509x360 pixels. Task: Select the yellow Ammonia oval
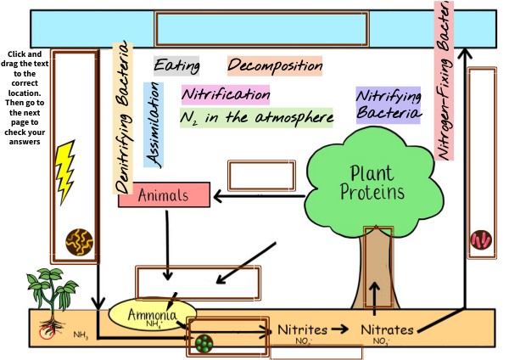point(152,316)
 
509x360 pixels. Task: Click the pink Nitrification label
point(226,93)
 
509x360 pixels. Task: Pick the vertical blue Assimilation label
point(154,123)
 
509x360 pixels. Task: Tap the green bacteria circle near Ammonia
point(204,344)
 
